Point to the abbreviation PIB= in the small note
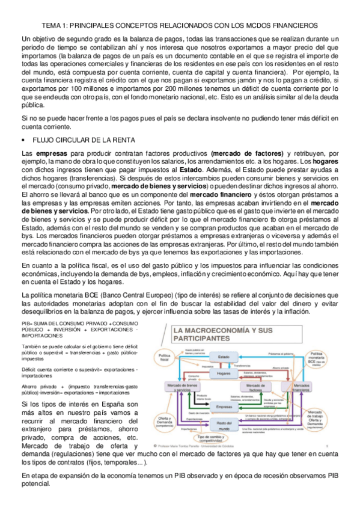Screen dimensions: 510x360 (x=27, y=325)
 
